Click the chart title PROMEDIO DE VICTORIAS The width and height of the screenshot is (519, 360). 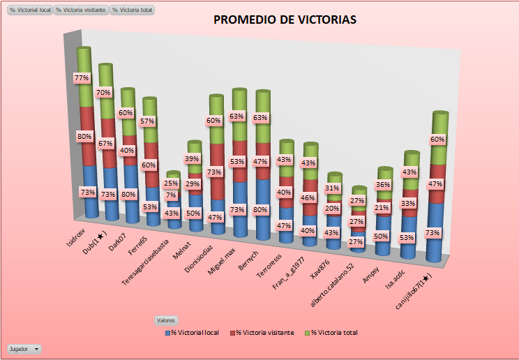[x=285, y=20]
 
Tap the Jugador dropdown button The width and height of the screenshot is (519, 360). [x=24, y=347]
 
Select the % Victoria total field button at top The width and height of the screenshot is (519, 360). [x=133, y=10]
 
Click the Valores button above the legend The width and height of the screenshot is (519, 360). [x=166, y=320]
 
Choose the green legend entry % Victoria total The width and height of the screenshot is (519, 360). [x=334, y=333]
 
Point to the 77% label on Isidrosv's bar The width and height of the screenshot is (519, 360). [x=82, y=79]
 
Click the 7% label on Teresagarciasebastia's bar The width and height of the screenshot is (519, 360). [x=172, y=195]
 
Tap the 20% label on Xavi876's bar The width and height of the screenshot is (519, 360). [x=333, y=209]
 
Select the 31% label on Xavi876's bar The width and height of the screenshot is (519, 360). [x=333, y=188]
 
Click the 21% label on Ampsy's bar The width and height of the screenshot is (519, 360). [x=382, y=207]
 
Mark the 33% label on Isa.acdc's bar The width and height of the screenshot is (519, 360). [x=408, y=204]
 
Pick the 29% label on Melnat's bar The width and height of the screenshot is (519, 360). [x=193, y=183]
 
